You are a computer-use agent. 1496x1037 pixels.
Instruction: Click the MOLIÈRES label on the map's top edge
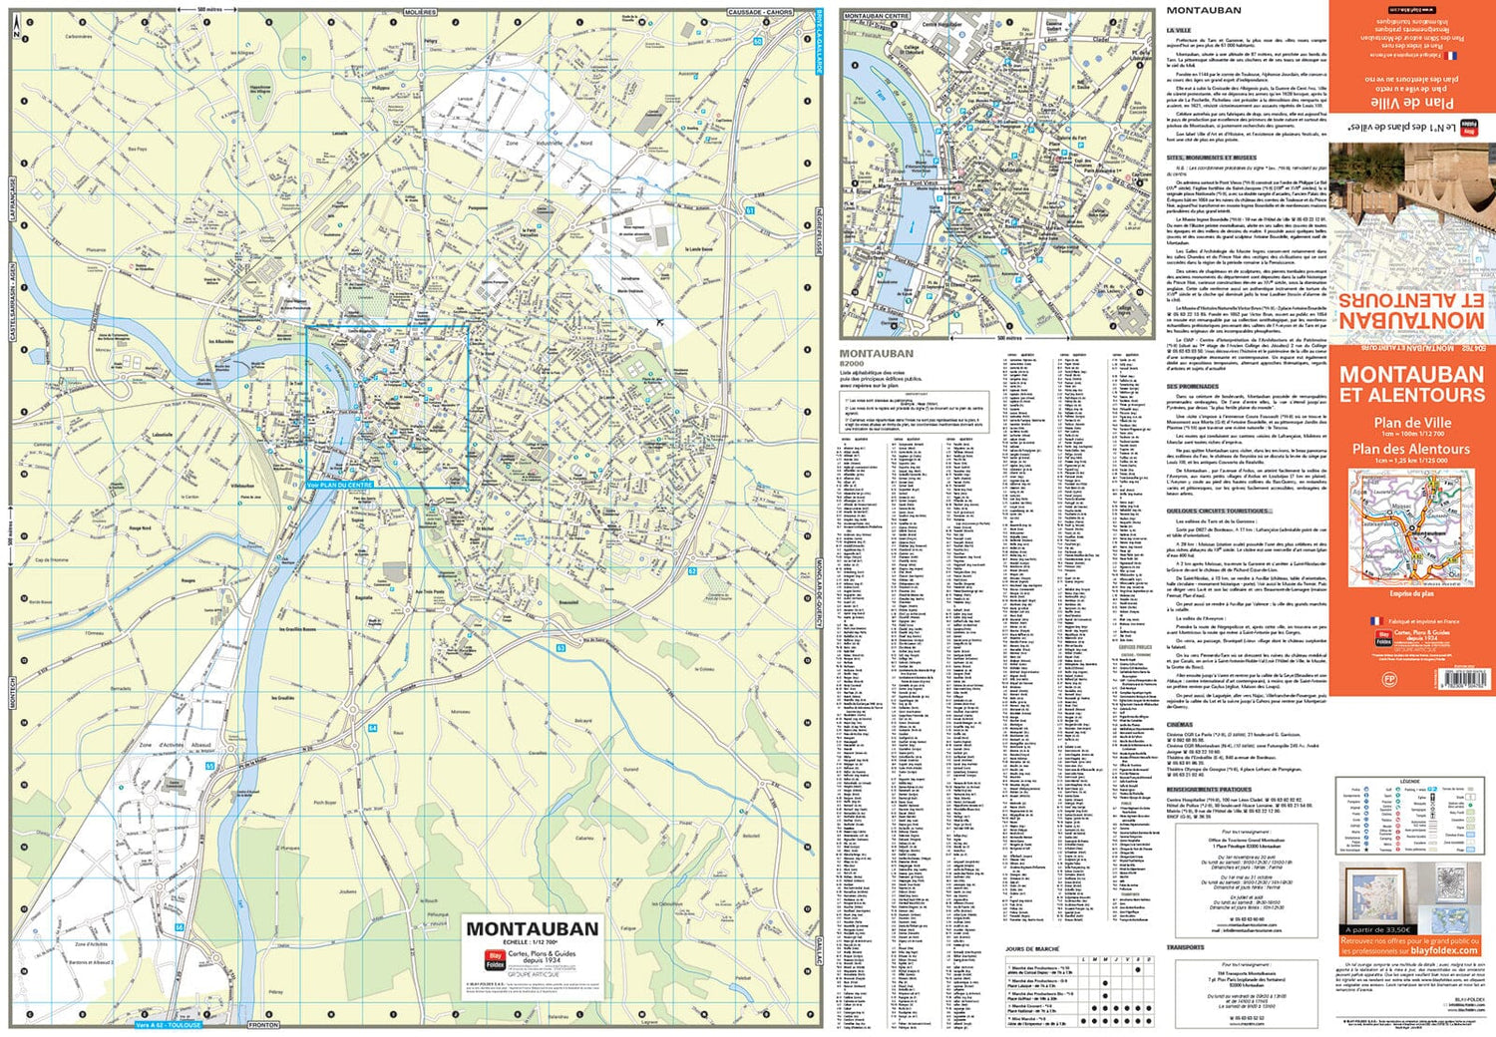pos(420,12)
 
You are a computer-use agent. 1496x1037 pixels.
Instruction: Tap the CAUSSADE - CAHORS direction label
pos(759,12)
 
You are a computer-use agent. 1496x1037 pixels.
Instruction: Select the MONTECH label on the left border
pos(12,693)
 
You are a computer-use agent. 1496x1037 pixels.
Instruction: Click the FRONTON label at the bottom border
pos(263,1025)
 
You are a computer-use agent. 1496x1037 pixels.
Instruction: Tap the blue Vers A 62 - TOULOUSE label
pos(169,1025)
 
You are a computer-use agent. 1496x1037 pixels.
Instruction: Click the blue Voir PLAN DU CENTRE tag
pos(340,485)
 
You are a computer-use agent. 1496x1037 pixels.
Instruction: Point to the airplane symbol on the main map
pos(660,321)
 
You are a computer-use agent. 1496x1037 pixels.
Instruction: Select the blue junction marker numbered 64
pos(372,728)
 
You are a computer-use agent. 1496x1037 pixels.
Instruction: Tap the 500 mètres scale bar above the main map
pos(208,8)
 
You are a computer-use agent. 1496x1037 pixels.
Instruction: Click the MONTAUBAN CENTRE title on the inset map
pos(877,16)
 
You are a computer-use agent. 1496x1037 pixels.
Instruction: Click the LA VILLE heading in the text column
pos(1179,31)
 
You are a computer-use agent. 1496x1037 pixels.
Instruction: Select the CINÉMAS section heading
pos(1180,725)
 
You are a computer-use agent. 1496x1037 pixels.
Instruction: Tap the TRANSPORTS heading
pos(1186,947)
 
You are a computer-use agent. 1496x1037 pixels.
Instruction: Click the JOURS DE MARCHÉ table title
pos(1032,949)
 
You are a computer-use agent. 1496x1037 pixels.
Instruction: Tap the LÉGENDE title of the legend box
pos(1408,781)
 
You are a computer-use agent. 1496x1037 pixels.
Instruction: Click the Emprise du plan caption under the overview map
pos(1411,593)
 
